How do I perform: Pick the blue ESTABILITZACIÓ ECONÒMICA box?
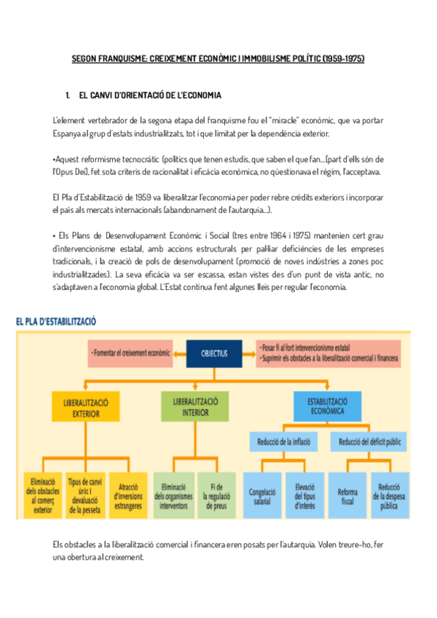point(326,405)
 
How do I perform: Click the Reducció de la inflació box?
point(284,442)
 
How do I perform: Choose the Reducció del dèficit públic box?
point(371,442)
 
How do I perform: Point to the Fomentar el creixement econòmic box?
point(130,353)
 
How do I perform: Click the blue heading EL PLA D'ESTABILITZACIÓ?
point(56,321)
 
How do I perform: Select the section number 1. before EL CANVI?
point(68,95)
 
